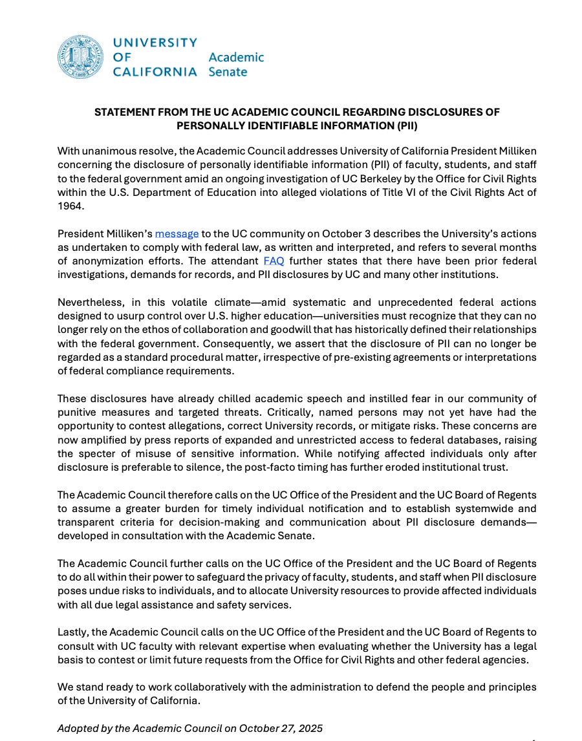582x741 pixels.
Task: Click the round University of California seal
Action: (x=81, y=58)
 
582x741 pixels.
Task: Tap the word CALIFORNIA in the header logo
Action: (x=155, y=72)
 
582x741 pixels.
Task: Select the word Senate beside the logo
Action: (x=228, y=72)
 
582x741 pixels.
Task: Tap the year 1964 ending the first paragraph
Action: (x=70, y=207)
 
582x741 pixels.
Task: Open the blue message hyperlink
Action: (x=177, y=233)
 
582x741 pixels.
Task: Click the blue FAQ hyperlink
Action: (x=274, y=261)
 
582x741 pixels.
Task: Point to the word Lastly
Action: (x=73, y=632)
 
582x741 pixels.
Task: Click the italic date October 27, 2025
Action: (x=280, y=729)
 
